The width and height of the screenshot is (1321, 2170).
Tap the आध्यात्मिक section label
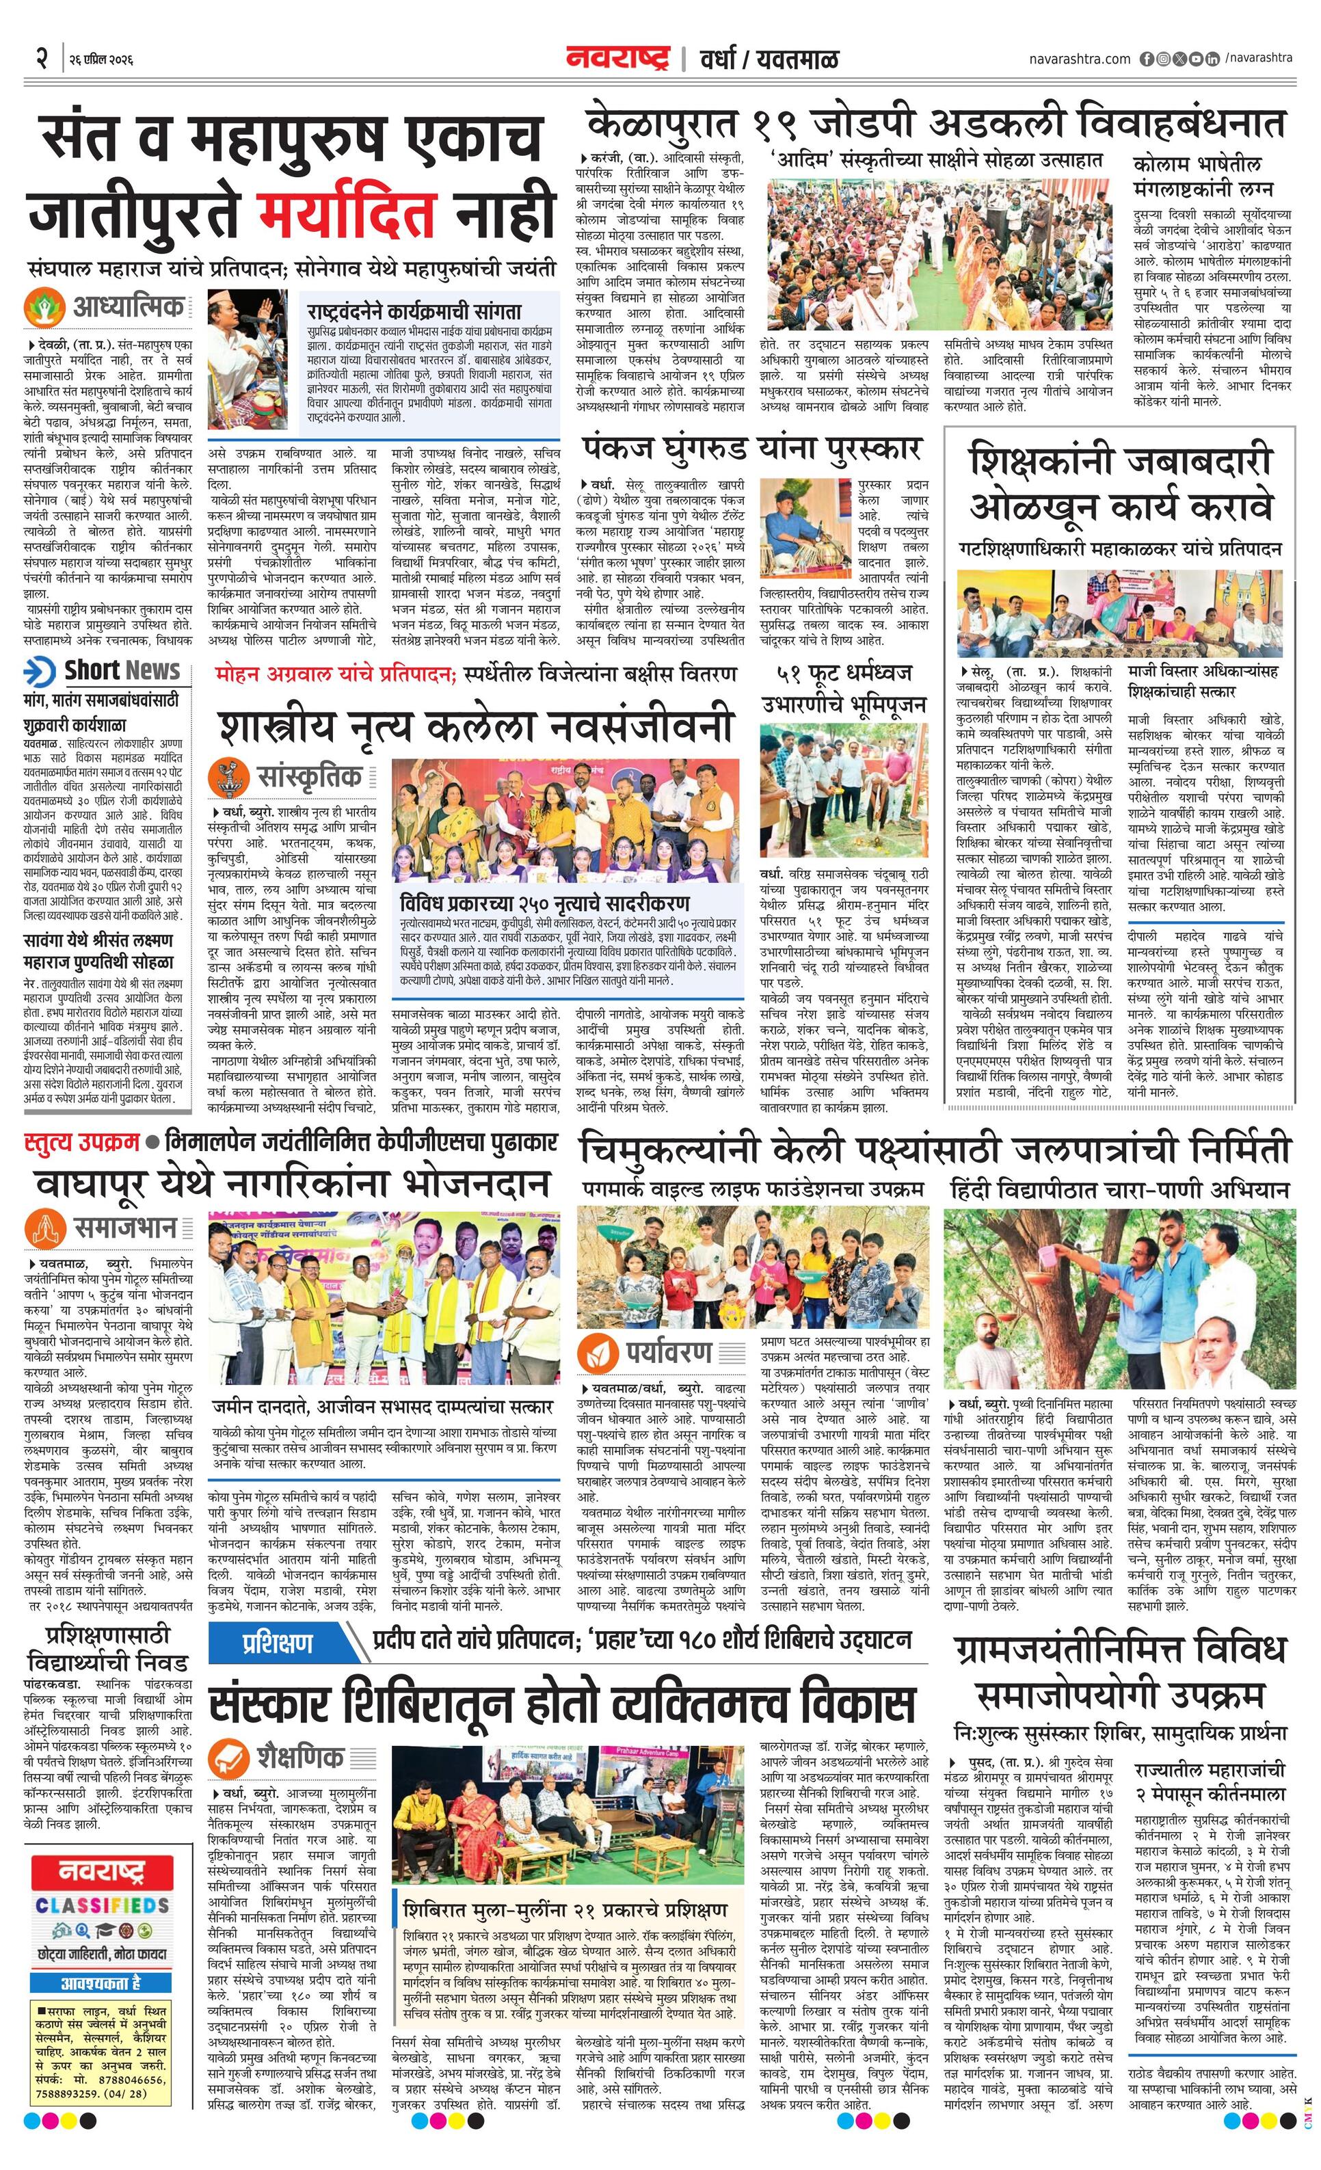129,307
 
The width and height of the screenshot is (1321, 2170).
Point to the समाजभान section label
125,1227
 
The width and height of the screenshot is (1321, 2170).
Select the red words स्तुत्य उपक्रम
82,1142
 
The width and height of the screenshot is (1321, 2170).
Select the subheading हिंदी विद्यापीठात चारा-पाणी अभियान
1119,1190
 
